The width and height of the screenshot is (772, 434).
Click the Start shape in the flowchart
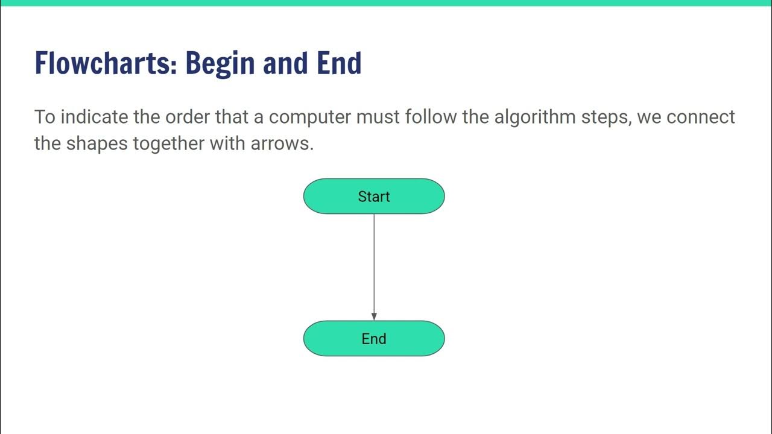(374, 197)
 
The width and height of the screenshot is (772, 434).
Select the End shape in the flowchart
(374, 339)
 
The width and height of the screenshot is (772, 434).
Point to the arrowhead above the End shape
(374, 316)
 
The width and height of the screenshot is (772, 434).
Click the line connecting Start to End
(374, 265)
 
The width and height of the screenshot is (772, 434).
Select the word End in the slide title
(339, 63)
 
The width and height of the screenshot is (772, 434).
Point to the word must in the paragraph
(378, 116)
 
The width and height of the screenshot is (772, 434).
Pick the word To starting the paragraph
(44, 116)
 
